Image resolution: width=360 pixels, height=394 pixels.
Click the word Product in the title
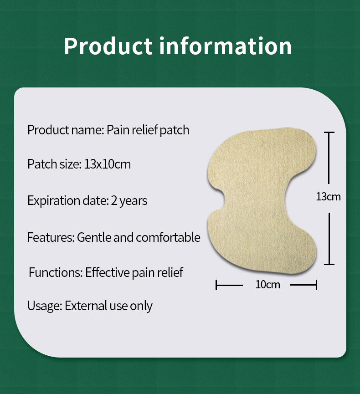[108, 46]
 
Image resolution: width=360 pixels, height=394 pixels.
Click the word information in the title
[226, 46]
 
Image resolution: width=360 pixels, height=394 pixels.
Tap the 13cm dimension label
[328, 197]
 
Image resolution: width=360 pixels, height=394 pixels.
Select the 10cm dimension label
[267, 285]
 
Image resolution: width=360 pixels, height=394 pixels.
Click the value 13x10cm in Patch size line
[108, 164]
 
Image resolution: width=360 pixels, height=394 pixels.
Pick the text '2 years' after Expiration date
[129, 200]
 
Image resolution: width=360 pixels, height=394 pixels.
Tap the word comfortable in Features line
[168, 237]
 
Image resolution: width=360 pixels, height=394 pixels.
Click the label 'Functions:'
[55, 272]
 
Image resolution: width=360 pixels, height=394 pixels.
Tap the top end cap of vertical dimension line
[329, 133]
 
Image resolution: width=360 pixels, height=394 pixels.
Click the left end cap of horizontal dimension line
[216, 285]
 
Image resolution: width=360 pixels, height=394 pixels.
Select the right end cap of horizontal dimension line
[316, 285]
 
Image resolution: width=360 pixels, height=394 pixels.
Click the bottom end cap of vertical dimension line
[329, 264]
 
